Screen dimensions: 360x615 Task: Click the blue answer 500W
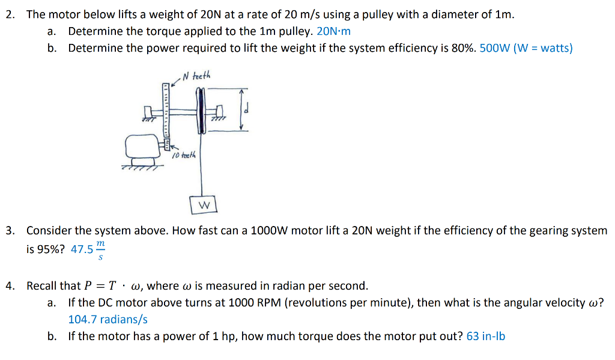[494, 48]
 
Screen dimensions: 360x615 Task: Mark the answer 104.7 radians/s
[108, 320]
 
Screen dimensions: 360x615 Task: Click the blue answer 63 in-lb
[485, 337]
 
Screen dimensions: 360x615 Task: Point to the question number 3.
[10, 231]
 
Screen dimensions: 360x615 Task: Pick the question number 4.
[10, 286]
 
